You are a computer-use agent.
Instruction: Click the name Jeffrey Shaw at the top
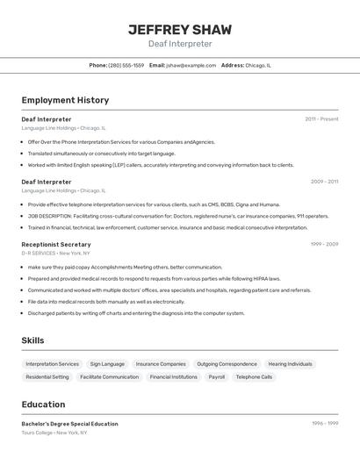tap(180, 29)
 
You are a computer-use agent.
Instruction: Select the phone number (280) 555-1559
tap(126, 65)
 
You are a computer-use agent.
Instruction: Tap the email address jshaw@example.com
tap(191, 65)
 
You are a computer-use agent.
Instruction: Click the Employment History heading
tap(65, 100)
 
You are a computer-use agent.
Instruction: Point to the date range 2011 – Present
tap(321, 119)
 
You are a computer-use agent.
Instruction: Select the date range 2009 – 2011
tap(324, 182)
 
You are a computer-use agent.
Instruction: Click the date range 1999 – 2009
tap(324, 245)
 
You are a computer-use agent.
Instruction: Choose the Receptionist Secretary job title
tap(56, 245)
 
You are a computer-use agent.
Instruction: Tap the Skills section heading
tap(33, 340)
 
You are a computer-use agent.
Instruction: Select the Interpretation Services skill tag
tap(52, 364)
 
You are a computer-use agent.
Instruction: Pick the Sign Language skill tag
tap(107, 364)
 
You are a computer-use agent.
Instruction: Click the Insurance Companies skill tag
tap(161, 364)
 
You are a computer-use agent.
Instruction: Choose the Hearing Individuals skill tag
tap(290, 364)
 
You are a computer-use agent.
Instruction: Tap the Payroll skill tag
tap(216, 377)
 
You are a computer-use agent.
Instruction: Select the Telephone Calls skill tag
tap(254, 377)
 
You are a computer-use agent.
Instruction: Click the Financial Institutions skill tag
tap(173, 377)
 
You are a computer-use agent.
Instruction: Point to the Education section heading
tap(43, 404)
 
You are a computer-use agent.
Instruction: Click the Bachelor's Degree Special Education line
tap(69, 424)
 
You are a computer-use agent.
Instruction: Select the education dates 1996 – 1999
tap(324, 424)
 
